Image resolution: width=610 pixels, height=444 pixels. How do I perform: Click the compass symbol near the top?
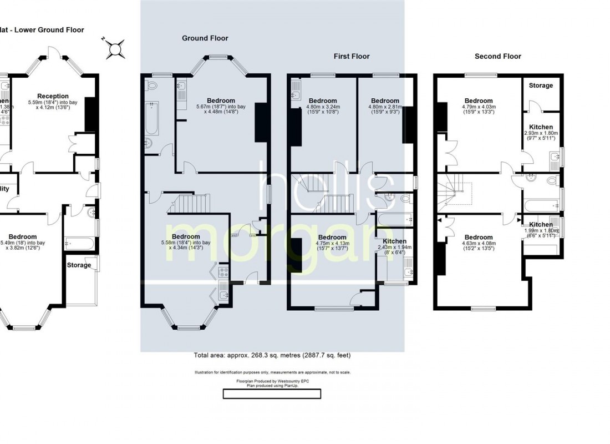114,49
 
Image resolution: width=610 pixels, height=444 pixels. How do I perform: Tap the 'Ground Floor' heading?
205,38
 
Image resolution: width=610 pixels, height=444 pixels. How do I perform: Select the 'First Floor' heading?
351,56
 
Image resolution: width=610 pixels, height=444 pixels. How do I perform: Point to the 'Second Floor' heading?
497,56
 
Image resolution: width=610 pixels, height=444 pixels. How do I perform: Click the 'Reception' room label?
53,96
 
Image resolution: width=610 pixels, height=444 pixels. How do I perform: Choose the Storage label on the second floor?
541,85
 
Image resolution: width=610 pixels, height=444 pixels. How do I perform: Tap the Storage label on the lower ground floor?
79,265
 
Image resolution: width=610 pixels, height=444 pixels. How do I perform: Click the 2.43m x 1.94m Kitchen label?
395,241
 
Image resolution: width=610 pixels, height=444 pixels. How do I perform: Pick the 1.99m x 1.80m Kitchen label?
541,225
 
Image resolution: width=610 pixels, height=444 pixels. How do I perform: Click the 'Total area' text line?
272,356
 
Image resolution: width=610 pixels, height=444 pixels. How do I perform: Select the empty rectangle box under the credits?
272,394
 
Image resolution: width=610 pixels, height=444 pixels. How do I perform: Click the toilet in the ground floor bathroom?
152,85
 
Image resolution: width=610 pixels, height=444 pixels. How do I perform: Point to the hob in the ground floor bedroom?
223,272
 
